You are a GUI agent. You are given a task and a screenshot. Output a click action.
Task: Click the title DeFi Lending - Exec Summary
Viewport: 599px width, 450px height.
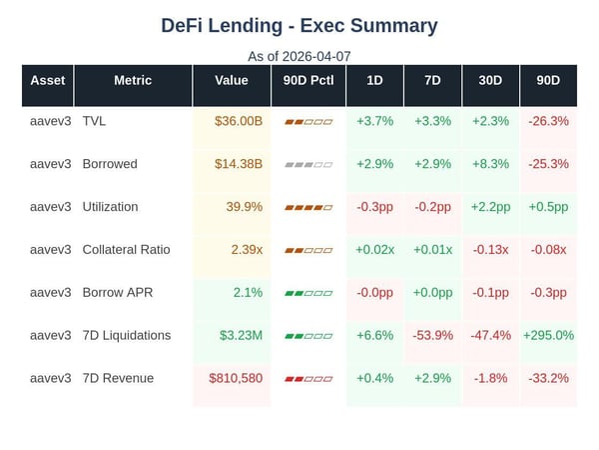[299, 26]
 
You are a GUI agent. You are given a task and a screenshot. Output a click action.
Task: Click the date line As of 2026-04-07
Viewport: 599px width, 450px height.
[299, 56]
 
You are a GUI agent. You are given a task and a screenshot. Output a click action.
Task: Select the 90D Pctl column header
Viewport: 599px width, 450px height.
[307, 80]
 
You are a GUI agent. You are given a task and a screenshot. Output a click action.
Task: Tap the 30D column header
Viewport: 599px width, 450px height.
[490, 80]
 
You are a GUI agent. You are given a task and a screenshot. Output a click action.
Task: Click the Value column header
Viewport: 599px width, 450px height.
[231, 80]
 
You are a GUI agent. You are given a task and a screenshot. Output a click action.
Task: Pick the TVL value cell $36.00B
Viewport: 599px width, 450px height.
[238, 121]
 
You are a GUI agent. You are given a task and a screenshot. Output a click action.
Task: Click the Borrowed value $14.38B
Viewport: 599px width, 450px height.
[238, 164]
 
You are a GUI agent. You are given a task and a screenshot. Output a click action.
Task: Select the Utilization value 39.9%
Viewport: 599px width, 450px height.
[245, 207]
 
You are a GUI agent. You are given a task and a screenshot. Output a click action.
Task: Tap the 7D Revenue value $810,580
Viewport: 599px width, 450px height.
[236, 378]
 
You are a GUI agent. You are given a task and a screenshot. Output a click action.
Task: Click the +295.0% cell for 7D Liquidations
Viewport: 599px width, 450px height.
[548, 335]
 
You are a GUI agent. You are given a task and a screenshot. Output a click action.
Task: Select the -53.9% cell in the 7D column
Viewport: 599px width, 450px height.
[432, 335]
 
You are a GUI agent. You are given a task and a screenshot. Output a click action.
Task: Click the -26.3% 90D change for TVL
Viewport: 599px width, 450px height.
[548, 121]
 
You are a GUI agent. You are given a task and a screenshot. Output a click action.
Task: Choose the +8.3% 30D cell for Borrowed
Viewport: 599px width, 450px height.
[490, 164]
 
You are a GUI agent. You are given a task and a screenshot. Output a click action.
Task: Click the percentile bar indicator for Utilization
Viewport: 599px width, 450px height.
[307, 207]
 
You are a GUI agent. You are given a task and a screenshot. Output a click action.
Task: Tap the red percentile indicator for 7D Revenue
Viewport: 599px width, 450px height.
[307, 379]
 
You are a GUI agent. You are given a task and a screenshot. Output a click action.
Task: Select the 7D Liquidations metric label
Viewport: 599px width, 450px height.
[127, 335]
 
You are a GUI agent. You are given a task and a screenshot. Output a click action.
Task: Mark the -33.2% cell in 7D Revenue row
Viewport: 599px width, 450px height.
[548, 378]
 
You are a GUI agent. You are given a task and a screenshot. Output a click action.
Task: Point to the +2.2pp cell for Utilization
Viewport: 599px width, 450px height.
[490, 207]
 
